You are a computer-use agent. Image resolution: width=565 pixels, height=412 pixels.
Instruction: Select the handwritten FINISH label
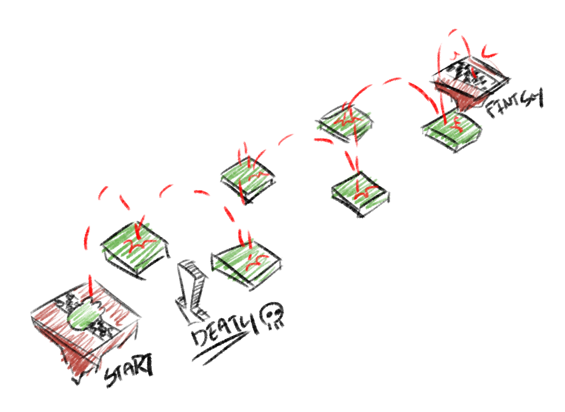pos(514,103)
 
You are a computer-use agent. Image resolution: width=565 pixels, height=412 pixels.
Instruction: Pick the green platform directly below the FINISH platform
pos(452,132)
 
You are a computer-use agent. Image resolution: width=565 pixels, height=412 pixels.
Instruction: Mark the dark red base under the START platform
pos(73,353)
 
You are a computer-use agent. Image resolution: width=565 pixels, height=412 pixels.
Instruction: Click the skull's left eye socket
pos(269,314)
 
